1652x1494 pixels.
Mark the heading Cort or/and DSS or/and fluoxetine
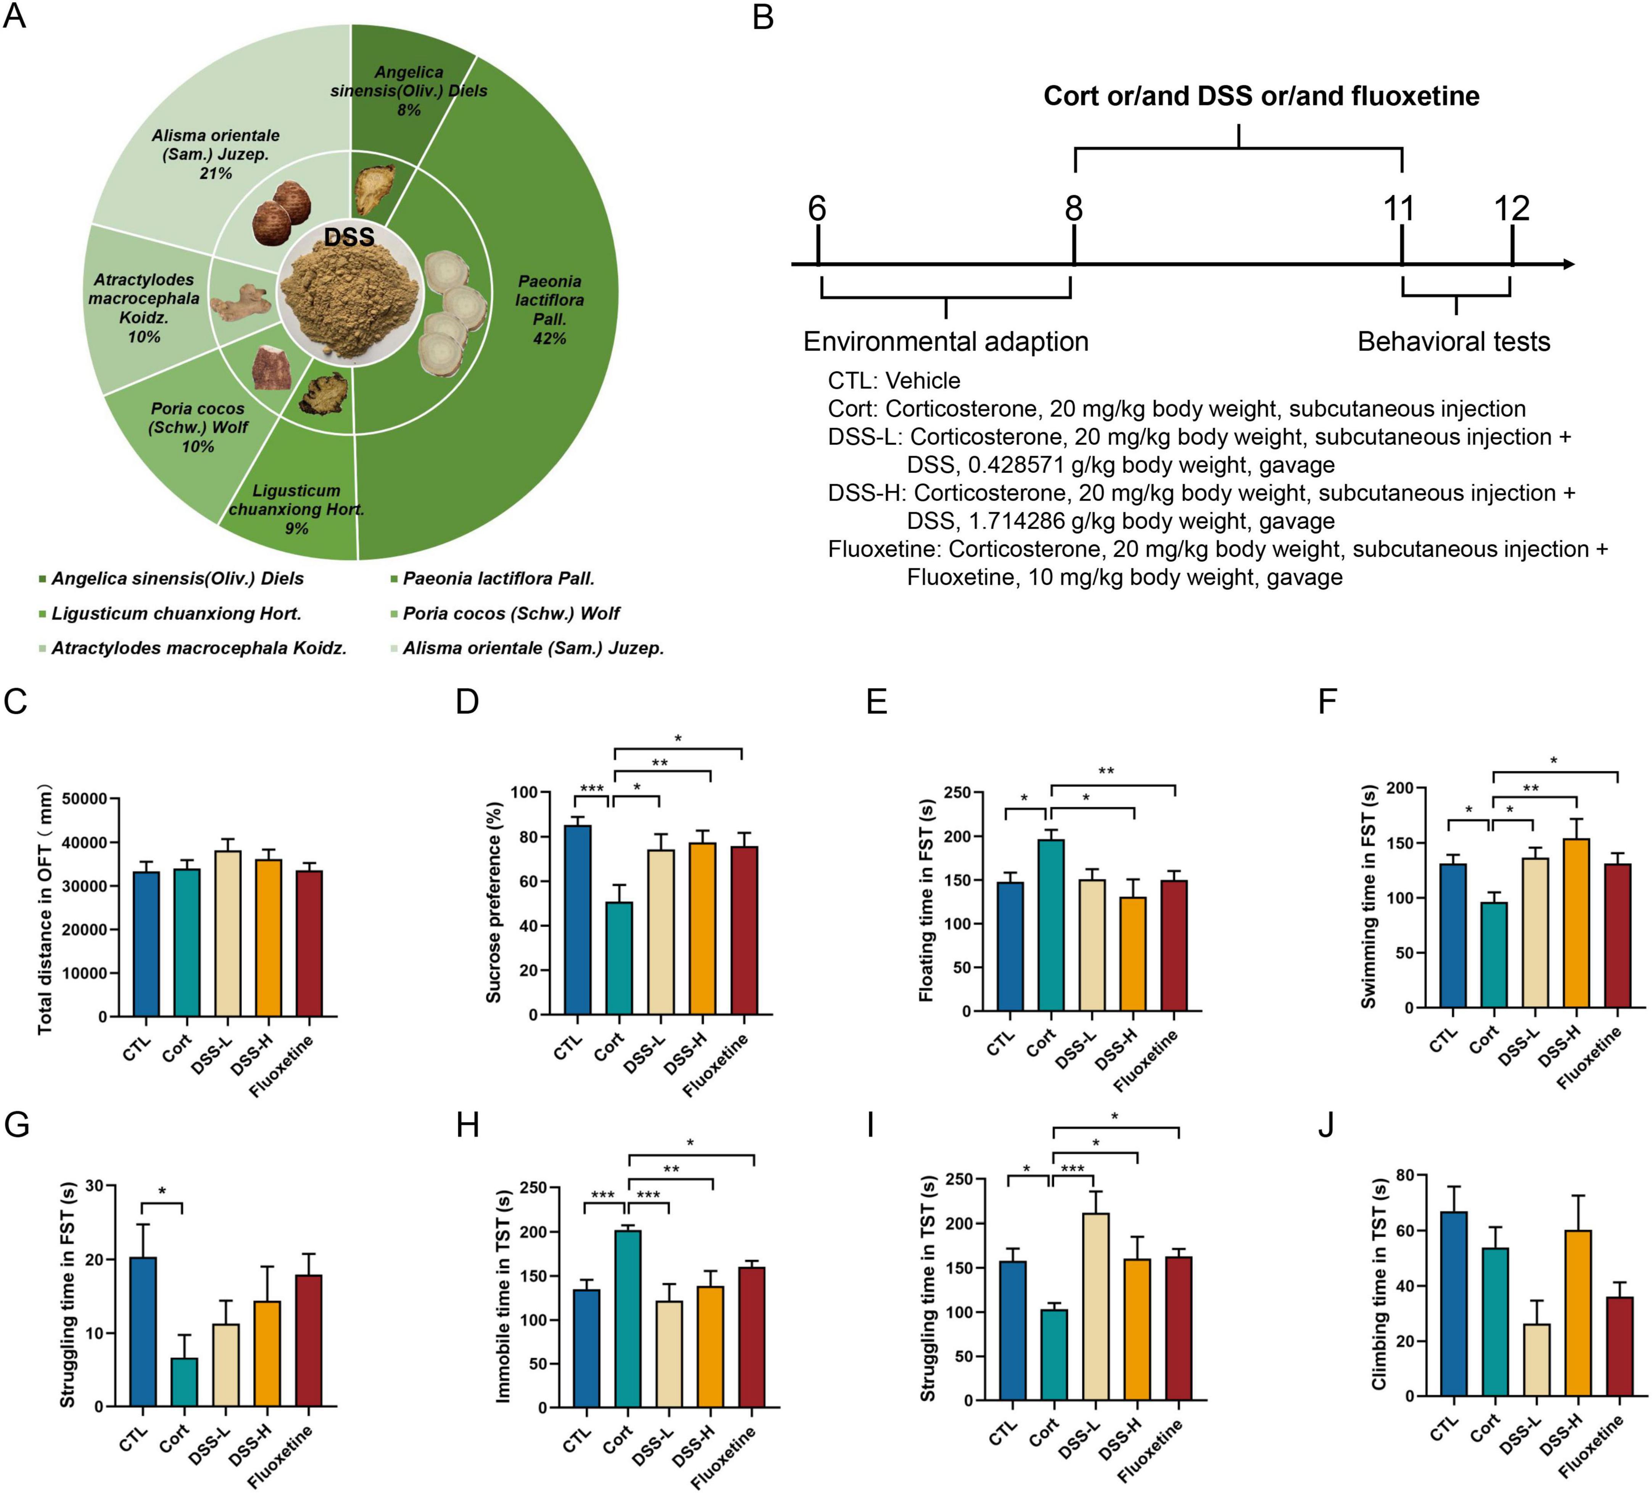pos(1261,96)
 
